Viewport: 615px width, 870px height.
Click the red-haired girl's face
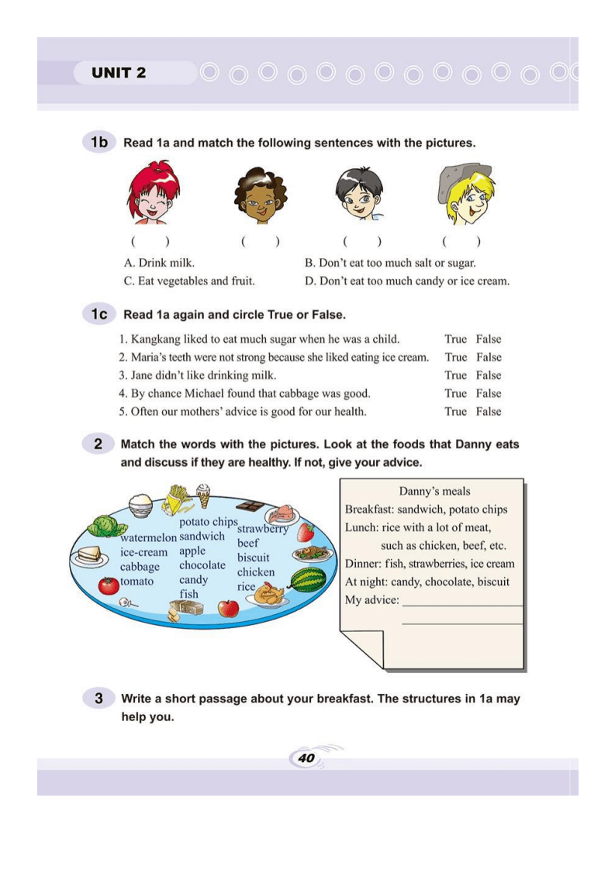pyautogui.click(x=153, y=195)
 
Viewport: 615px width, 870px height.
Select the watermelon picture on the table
pyautogui.click(x=307, y=579)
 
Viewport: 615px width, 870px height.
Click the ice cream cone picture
pyautogui.click(x=203, y=494)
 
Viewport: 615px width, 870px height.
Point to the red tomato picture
pyautogui.click(x=109, y=585)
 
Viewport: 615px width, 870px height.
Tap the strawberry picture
pyautogui.click(x=306, y=532)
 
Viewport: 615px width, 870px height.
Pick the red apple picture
pyautogui.click(x=228, y=607)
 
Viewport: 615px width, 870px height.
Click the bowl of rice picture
pyautogui.click(x=140, y=506)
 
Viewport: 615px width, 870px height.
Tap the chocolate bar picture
pyautogui.click(x=250, y=506)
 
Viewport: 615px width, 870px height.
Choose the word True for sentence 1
pyautogui.click(x=455, y=339)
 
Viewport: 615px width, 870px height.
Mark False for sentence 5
pyautogui.click(x=489, y=412)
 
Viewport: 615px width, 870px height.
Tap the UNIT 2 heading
pyautogui.click(x=119, y=74)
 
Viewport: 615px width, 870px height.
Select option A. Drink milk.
pyautogui.click(x=159, y=263)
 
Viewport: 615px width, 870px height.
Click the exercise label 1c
pyautogui.click(x=98, y=314)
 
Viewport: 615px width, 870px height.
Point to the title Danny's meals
pyautogui.click(x=434, y=491)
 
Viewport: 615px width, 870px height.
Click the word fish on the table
pyautogui.click(x=188, y=594)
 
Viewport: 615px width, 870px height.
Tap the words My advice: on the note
pyautogui.click(x=372, y=600)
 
